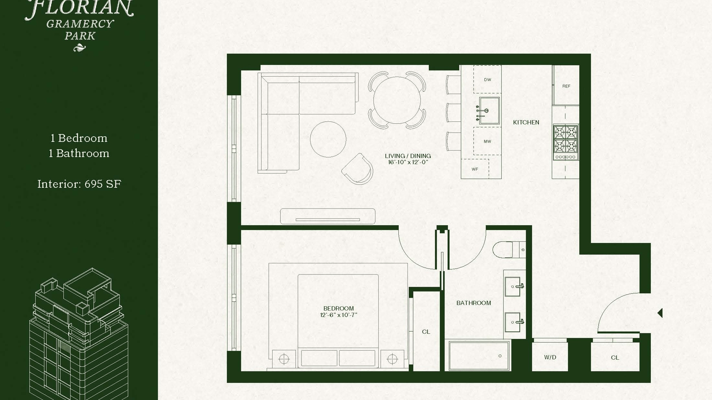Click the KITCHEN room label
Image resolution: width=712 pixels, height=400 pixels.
[x=526, y=122]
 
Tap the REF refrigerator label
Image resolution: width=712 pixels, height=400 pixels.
[x=566, y=86]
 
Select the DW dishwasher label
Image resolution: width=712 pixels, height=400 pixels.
[x=487, y=80]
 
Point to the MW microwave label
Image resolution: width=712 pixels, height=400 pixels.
[x=487, y=141]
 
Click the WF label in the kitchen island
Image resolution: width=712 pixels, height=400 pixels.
[x=475, y=169]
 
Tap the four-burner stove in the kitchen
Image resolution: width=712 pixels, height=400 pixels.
[x=566, y=143]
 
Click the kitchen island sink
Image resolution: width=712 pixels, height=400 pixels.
[x=489, y=111]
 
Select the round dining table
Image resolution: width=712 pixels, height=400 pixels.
[x=397, y=100]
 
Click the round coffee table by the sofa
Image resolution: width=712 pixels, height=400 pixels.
[x=328, y=139]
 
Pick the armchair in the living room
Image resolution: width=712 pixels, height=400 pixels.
[x=357, y=169]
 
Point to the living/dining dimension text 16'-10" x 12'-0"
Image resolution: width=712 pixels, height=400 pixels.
[x=408, y=162]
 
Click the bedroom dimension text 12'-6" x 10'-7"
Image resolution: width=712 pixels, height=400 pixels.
[x=339, y=315]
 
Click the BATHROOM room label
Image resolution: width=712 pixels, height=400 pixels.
[x=474, y=303]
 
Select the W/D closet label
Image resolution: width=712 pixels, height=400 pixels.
[x=550, y=357]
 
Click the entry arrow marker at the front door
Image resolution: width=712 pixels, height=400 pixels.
[x=660, y=313]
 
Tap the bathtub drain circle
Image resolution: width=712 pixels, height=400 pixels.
[x=500, y=356]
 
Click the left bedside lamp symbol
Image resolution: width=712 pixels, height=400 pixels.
[x=284, y=359]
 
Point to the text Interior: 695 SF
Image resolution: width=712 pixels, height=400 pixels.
[x=79, y=184]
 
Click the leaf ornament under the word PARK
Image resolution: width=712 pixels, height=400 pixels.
[x=79, y=48]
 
